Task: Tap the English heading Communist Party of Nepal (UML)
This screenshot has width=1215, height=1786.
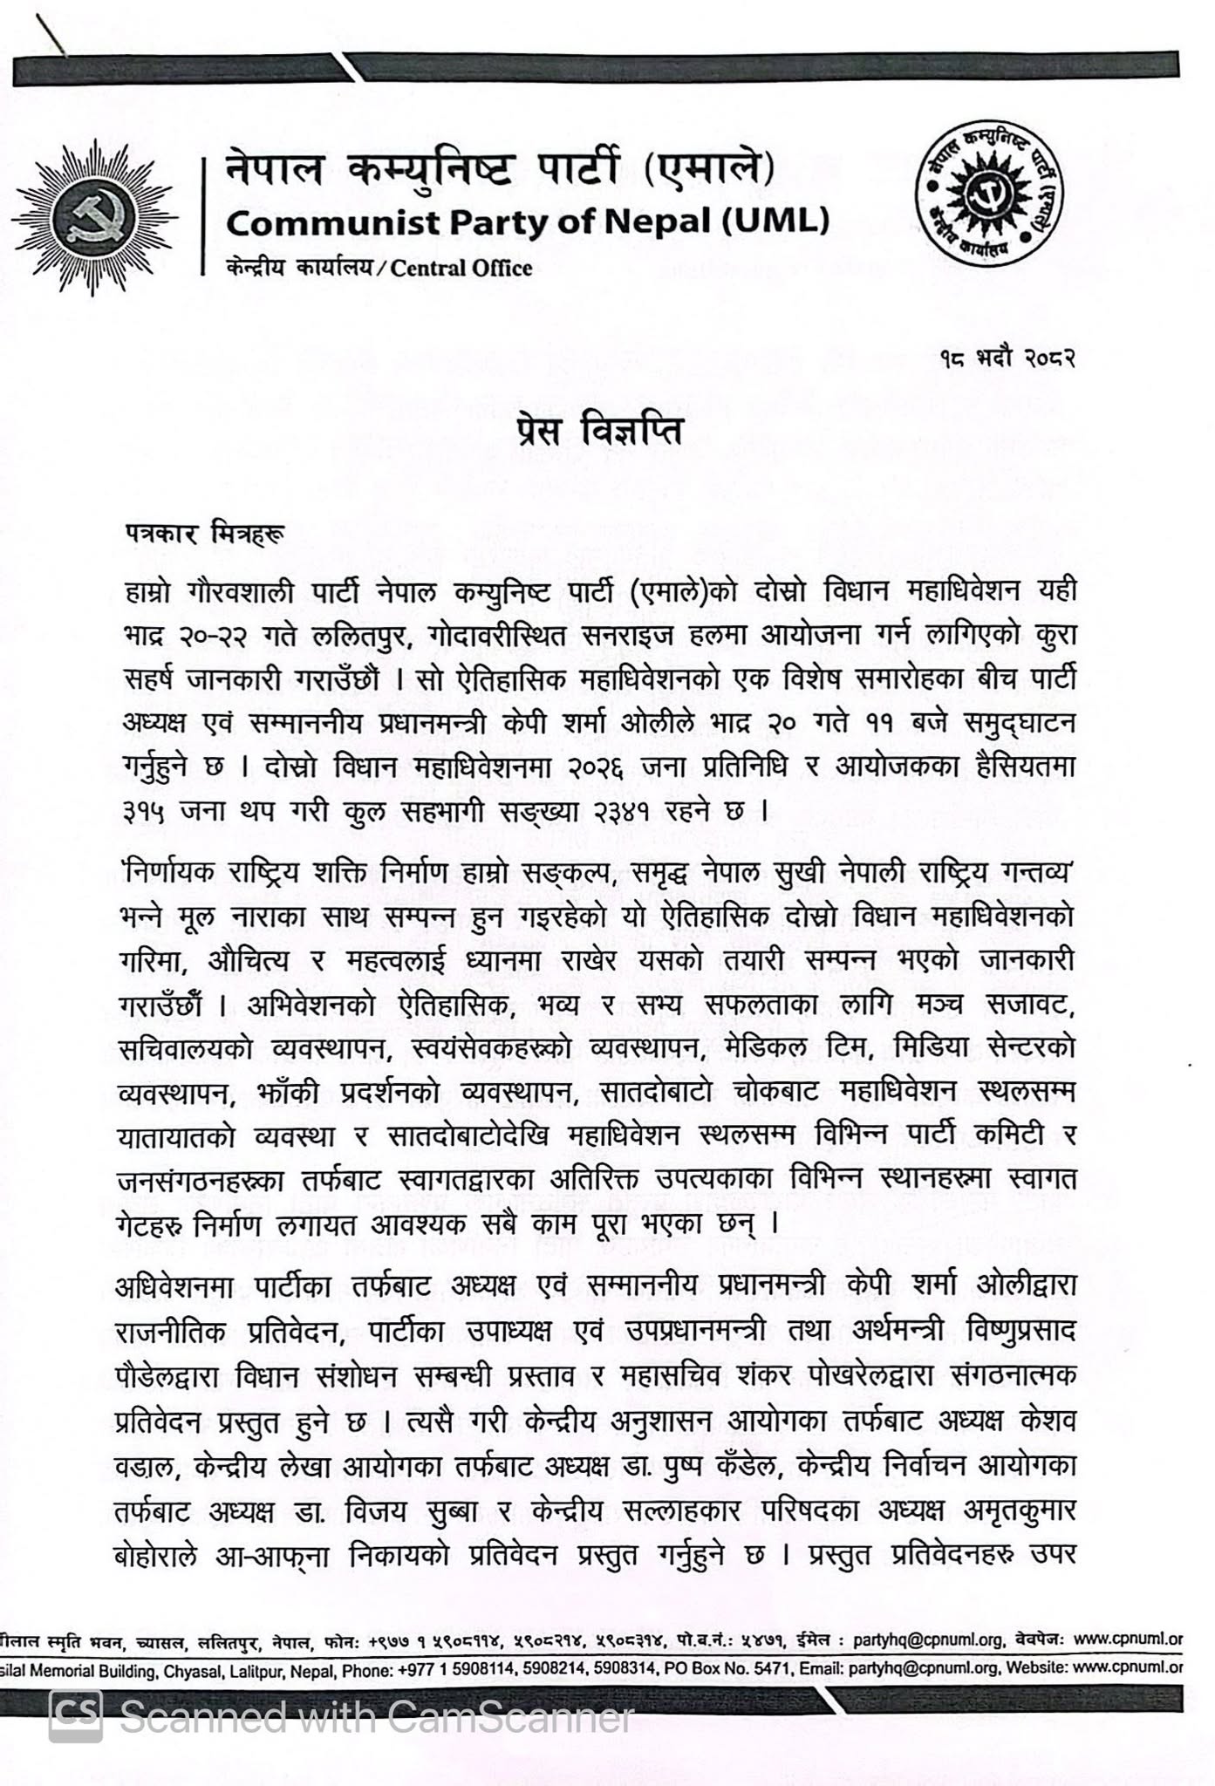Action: (x=528, y=222)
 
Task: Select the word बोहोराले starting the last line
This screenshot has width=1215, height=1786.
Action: (x=164, y=1555)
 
